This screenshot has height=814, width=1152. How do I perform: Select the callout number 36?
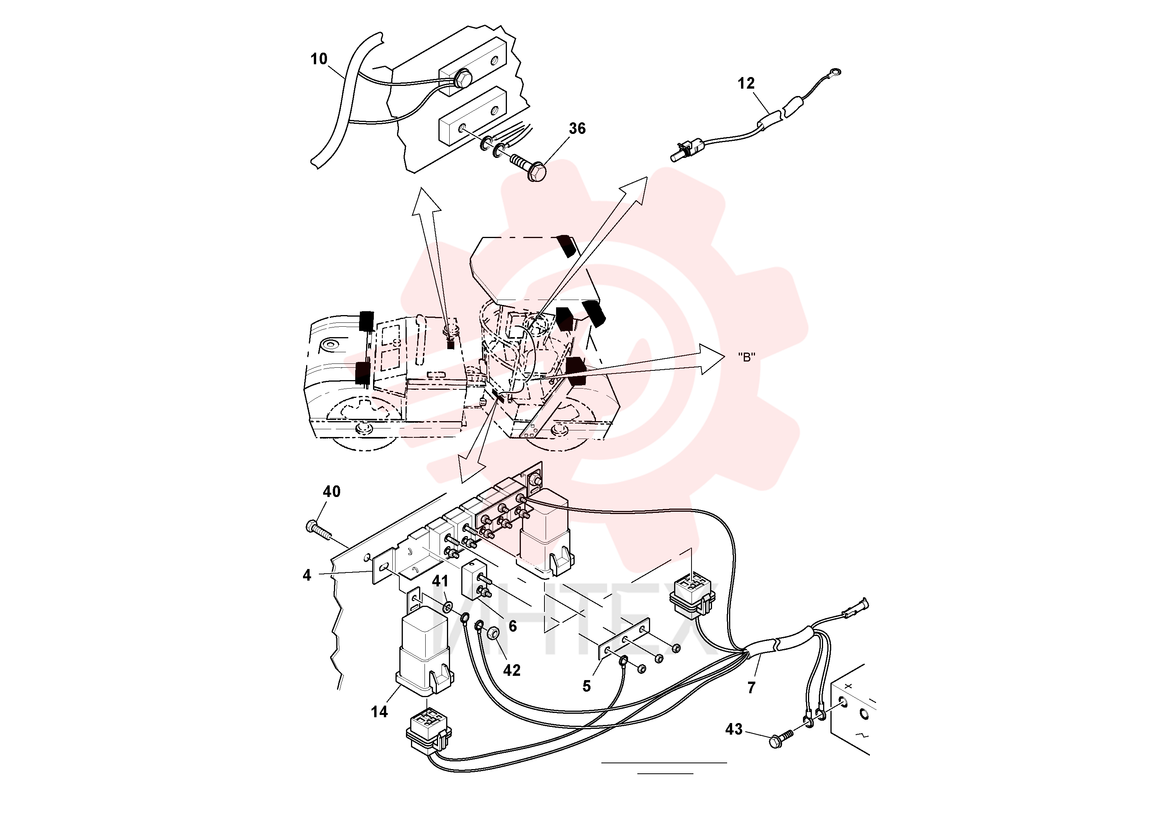tap(577, 129)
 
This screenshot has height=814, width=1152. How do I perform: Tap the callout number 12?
tap(746, 83)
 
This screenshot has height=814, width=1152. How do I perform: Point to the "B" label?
tap(746, 357)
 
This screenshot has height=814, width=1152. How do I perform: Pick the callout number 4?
tap(307, 575)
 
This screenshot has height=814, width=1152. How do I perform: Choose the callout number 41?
tap(440, 581)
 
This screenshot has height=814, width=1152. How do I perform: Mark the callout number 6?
tap(512, 626)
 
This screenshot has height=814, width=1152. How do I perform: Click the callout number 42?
tap(512, 670)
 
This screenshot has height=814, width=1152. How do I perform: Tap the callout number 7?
tap(751, 687)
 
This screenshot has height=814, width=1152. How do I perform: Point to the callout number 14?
tap(379, 712)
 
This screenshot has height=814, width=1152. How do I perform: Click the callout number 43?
tap(734, 729)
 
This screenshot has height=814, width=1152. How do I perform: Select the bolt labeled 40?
tap(318, 530)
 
